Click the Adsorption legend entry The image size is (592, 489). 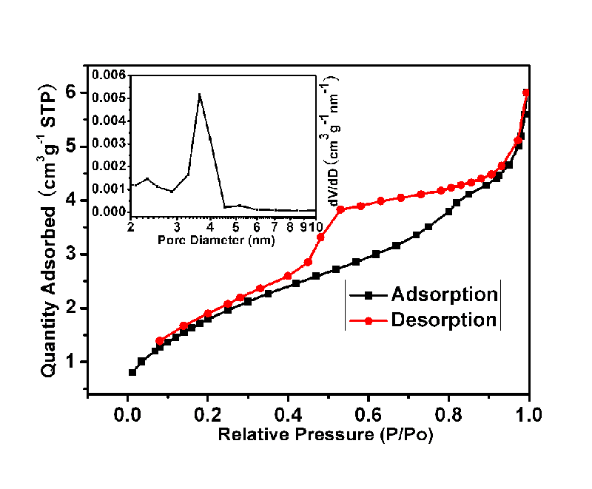pyautogui.click(x=444, y=294)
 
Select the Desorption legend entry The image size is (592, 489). pyautogui.click(x=444, y=320)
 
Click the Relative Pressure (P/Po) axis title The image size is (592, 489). pyautogui.click(x=325, y=435)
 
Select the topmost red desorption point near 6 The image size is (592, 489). pyautogui.click(x=526, y=92)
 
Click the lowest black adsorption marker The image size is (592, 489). pyautogui.click(x=132, y=372)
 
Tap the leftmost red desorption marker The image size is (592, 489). pyautogui.click(x=159, y=341)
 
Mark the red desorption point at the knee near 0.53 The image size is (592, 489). pyautogui.click(x=340, y=209)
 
